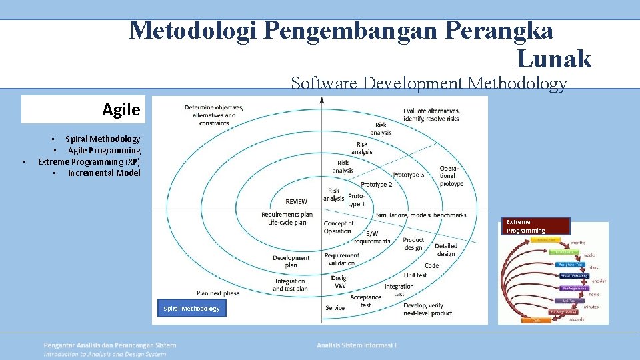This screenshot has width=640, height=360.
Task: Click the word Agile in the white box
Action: (121, 110)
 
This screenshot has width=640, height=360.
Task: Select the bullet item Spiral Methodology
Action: (103, 139)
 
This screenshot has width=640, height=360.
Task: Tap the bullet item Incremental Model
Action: (104, 173)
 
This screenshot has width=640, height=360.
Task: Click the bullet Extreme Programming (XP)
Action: (89, 161)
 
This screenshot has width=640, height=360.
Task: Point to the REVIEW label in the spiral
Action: (296, 201)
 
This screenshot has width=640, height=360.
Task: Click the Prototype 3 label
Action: (409, 175)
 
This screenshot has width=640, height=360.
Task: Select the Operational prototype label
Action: (451, 176)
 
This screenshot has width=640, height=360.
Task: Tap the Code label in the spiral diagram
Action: (431, 265)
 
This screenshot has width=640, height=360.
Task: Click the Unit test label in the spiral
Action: (415, 275)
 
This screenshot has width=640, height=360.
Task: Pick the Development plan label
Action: (291, 261)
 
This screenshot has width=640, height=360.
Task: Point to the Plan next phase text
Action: (217, 293)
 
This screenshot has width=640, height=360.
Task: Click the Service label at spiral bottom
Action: (335, 307)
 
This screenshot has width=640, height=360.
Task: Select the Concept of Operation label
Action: (339, 227)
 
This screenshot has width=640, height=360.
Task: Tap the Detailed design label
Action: (445, 249)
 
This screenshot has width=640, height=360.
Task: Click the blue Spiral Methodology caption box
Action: (191, 308)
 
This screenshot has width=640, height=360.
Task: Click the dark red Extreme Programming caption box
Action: (536, 226)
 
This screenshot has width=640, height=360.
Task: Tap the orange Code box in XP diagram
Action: (537, 321)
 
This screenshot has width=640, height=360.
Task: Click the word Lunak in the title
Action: (553, 59)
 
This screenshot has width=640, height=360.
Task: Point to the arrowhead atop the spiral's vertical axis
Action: (322, 101)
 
